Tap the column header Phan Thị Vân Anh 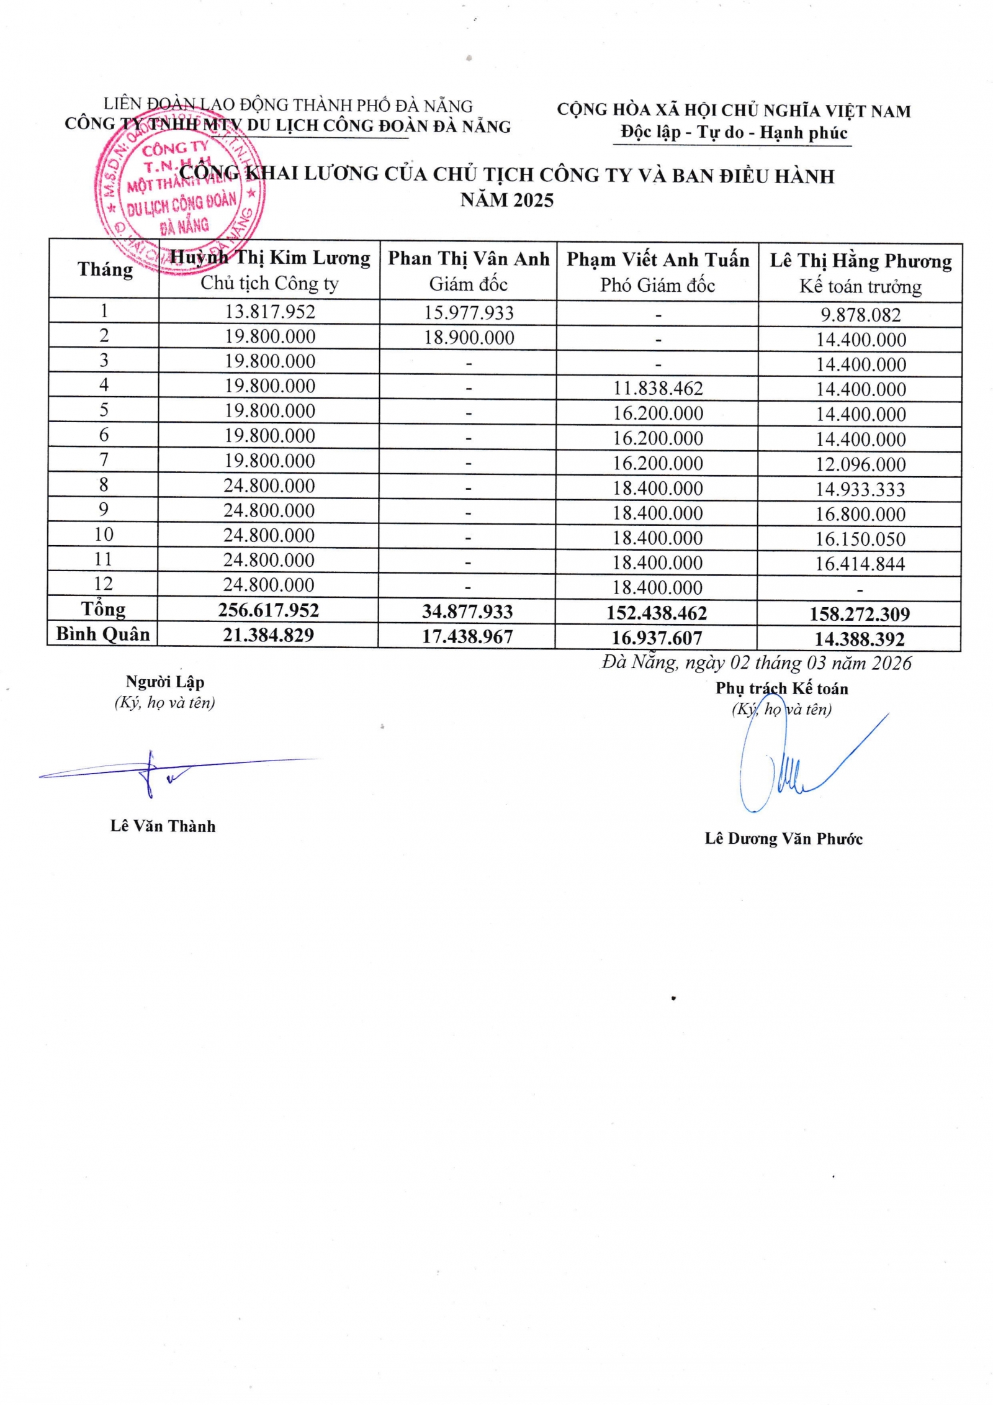pos(469,259)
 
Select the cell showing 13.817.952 pos(270,311)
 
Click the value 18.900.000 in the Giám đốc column pos(469,338)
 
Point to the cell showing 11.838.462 pos(658,389)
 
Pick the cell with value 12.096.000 pos(860,464)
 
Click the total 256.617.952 pos(269,610)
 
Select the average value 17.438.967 pos(467,637)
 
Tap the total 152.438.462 pos(657,613)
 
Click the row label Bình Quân pos(103,634)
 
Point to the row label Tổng pos(103,609)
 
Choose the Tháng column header pos(105,269)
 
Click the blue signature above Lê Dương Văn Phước pos(788,767)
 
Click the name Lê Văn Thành pos(163,826)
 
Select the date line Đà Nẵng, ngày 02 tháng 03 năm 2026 pos(757,663)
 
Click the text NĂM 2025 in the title pos(506,200)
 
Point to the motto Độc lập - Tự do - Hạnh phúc pos(734,132)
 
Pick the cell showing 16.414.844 pos(860,564)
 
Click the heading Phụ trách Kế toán pos(781,688)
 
